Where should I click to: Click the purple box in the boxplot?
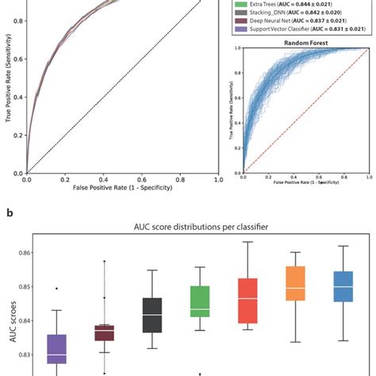click(56, 349)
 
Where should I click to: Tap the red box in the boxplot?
click(247, 300)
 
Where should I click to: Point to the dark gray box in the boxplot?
click(152, 315)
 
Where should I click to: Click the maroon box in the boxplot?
click(104, 332)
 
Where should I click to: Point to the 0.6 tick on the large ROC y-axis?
click(17, 69)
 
